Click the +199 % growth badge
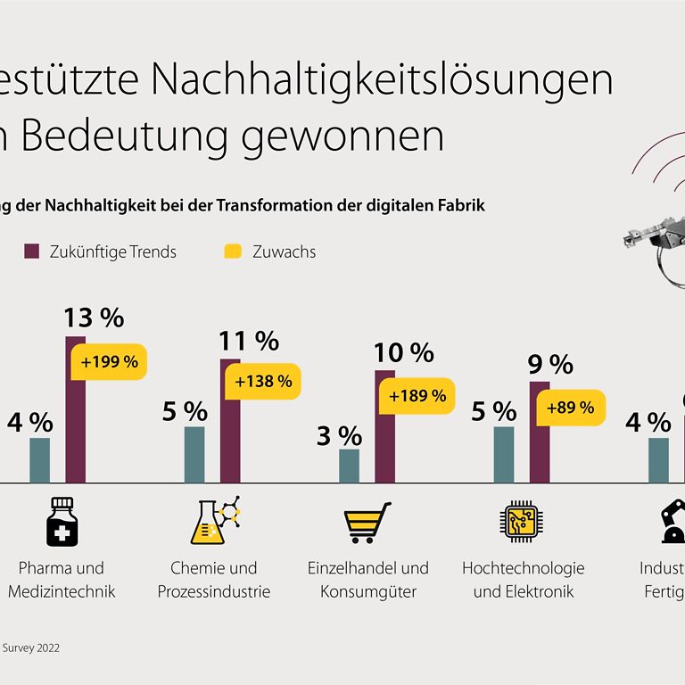tap(110, 362)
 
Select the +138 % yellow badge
tap(263, 381)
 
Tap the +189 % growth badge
tap(414, 395)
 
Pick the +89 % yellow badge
tap(568, 408)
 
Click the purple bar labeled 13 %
tap(76, 410)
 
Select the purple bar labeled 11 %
tap(230, 421)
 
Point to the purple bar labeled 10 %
tap(384, 426)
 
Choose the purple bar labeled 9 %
tap(540, 432)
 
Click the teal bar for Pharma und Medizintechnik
tap(40, 460)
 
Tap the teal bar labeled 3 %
tap(349, 466)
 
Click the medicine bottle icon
tap(60, 521)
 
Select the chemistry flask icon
tap(214, 522)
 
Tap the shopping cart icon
tap(367, 523)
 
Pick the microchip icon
tap(520, 523)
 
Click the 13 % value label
tap(93, 317)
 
